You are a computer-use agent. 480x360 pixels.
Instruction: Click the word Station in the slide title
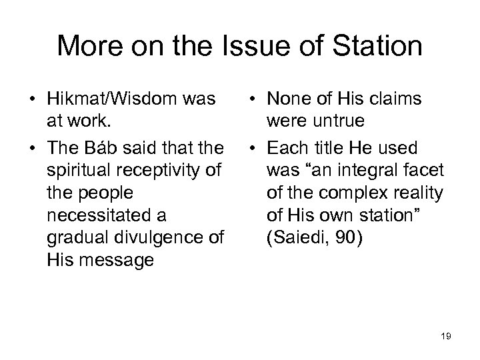point(367,47)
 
